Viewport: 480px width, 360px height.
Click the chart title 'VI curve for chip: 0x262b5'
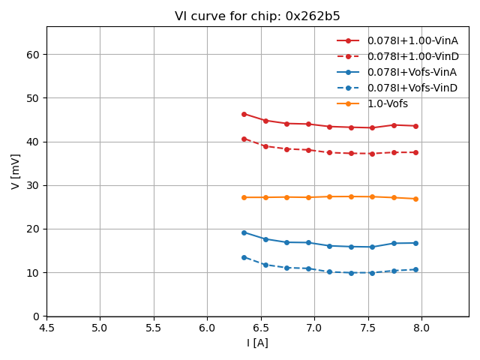(257, 16)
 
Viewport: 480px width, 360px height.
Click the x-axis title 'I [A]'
(257, 343)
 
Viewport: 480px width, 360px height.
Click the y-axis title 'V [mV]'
(16, 171)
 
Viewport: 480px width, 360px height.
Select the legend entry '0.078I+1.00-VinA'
(412, 40)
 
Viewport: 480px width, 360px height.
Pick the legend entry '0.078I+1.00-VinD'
(412, 56)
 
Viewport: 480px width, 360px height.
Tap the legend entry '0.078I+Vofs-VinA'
(412, 72)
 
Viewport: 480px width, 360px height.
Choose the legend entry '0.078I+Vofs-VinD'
(412, 88)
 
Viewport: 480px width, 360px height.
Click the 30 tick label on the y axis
(34, 185)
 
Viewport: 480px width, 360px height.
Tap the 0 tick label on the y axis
(37, 316)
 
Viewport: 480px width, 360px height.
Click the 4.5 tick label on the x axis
(46, 328)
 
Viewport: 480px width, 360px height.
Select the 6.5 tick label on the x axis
(261, 328)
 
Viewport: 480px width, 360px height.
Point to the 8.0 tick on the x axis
(421, 328)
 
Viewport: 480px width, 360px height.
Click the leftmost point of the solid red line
(244, 114)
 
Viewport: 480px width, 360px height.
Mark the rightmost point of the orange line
(415, 199)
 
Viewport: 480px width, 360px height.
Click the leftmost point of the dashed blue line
(244, 257)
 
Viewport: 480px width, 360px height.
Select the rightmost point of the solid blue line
(415, 243)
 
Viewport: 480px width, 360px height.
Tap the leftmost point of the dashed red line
(244, 139)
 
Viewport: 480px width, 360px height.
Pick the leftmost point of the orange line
(244, 197)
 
